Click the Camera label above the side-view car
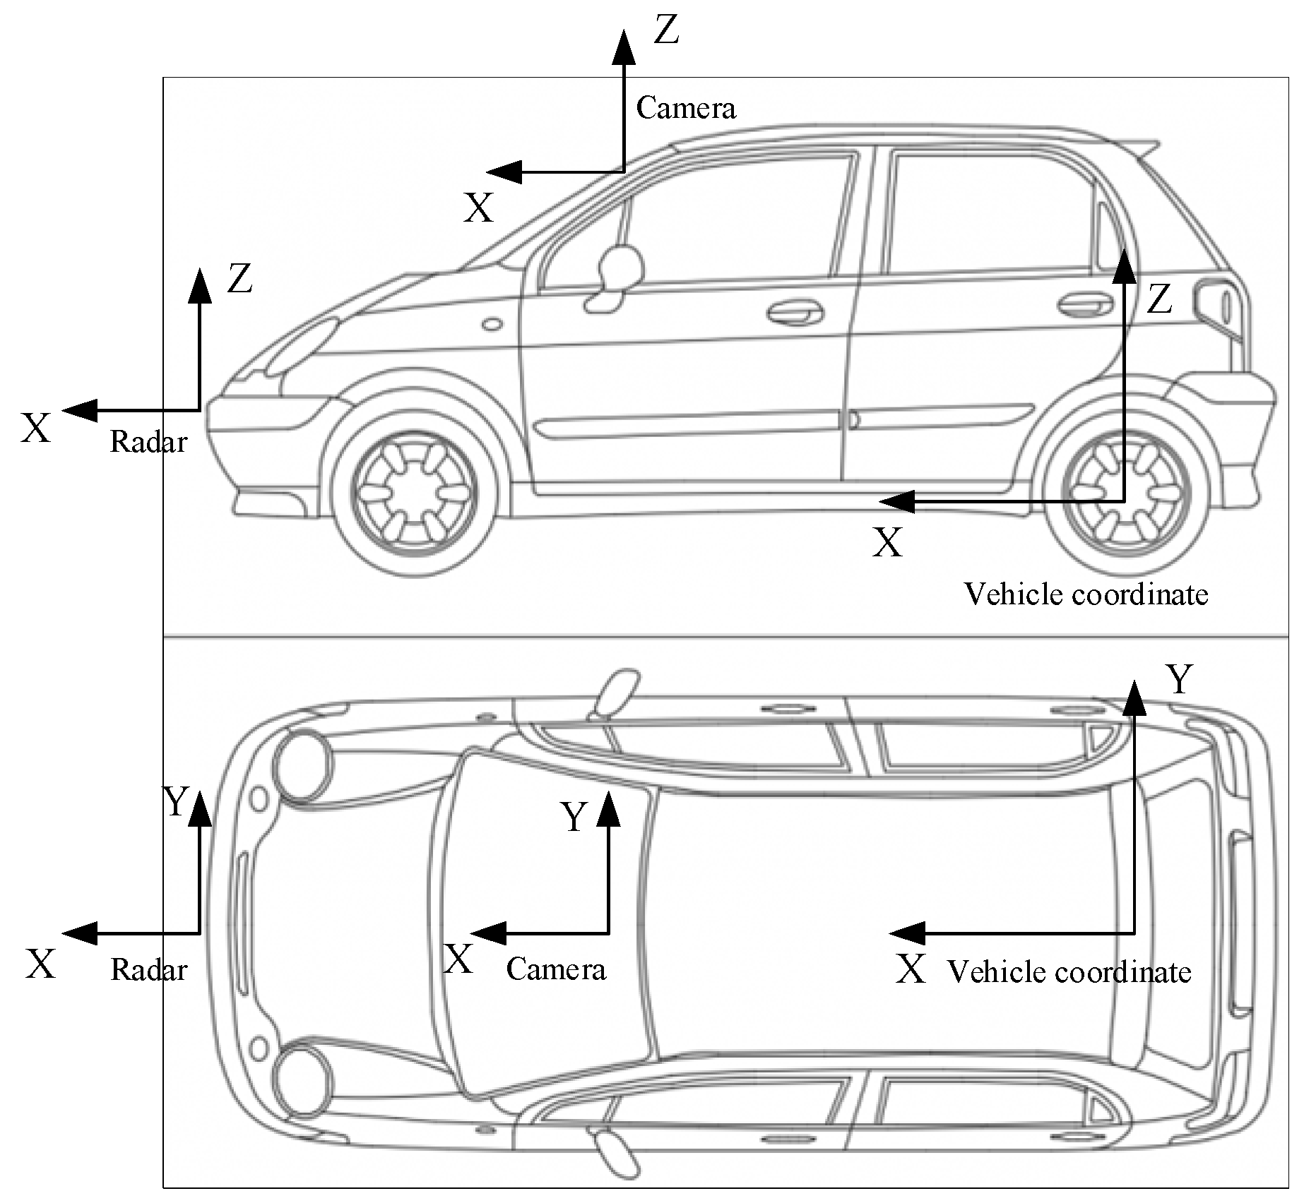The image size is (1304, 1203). click(x=686, y=108)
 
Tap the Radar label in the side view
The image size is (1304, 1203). click(x=148, y=442)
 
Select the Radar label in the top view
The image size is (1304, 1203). click(x=148, y=970)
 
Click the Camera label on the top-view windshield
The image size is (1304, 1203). click(x=556, y=969)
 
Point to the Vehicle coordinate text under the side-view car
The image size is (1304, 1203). click(x=1086, y=594)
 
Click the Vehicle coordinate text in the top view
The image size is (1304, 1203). click(x=1069, y=972)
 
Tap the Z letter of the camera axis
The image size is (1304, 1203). click(x=666, y=31)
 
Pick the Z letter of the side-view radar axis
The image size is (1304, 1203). click(x=239, y=279)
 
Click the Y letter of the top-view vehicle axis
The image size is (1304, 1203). click(x=1179, y=680)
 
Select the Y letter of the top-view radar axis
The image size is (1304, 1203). click(x=175, y=801)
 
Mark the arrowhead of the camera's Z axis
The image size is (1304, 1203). click(x=624, y=46)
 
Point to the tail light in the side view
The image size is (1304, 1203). click(x=1213, y=302)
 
